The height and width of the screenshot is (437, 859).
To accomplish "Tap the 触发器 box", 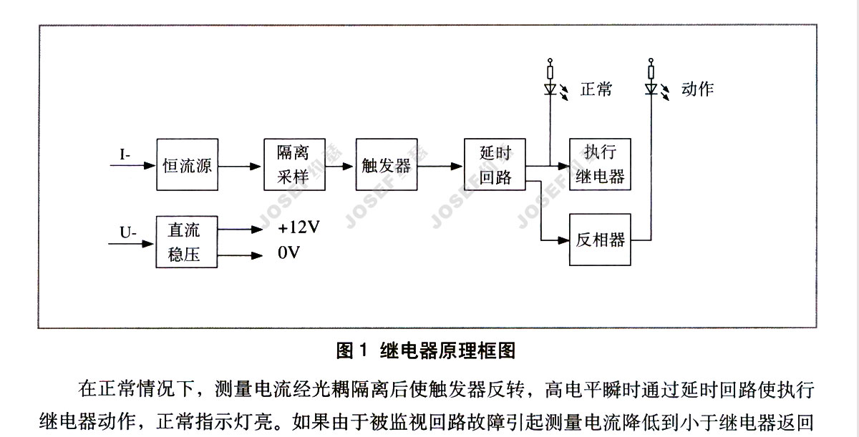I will tap(386, 165).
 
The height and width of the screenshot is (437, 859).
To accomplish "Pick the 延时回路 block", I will tap(495, 165).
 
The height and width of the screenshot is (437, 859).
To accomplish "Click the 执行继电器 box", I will tap(600, 164).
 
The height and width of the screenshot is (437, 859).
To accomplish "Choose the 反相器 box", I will tap(600, 240).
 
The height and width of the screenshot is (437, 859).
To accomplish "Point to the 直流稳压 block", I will tap(187, 242).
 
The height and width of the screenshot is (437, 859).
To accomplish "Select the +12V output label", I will tap(299, 229).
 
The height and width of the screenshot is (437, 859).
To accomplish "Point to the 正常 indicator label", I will tap(596, 90).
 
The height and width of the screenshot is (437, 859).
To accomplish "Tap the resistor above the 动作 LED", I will tap(651, 72).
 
